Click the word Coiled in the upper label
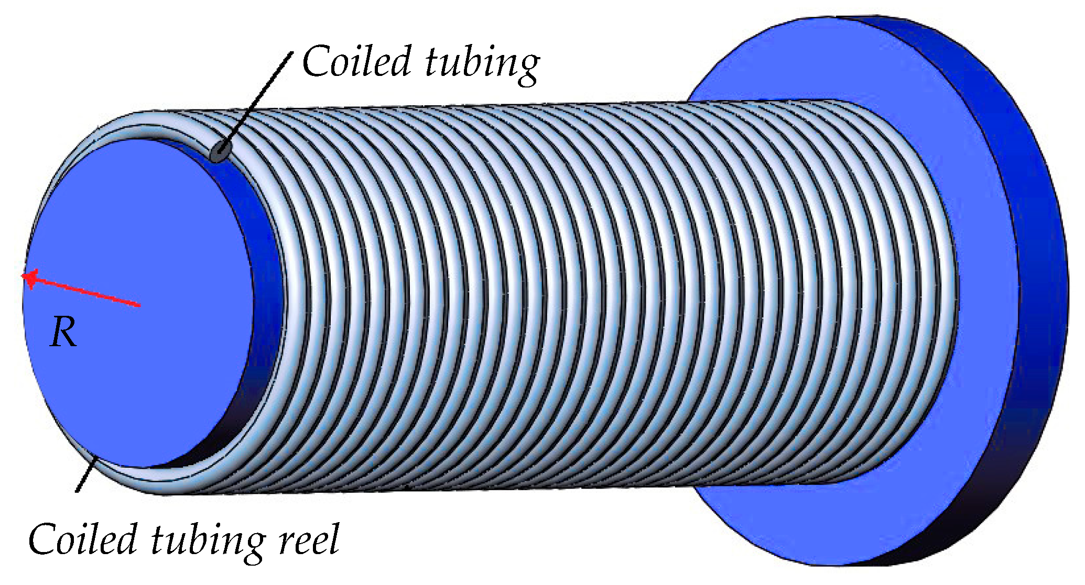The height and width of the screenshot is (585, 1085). click(x=356, y=61)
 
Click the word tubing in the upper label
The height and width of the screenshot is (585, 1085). click(x=482, y=63)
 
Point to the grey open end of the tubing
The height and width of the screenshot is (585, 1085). click(x=221, y=151)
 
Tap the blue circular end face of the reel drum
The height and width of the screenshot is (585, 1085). click(x=136, y=304)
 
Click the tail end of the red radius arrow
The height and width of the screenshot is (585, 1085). click(x=139, y=304)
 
